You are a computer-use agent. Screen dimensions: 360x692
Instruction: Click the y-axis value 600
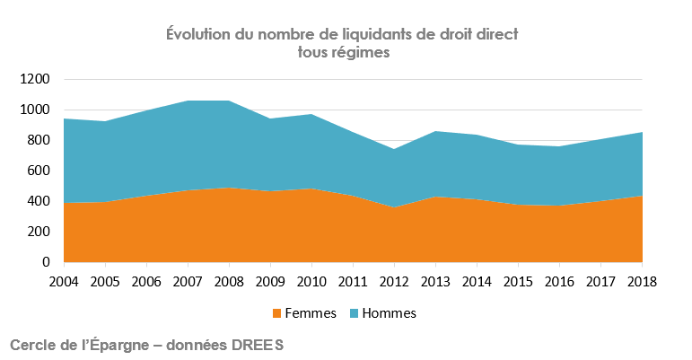coord(39,171)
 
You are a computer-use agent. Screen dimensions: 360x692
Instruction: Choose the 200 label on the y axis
coord(39,232)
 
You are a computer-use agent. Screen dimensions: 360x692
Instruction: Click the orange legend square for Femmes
coord(276,314)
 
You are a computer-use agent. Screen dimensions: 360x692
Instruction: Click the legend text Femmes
coord(310,313)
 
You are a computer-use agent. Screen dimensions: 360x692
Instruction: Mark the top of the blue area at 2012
coord(395,149)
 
